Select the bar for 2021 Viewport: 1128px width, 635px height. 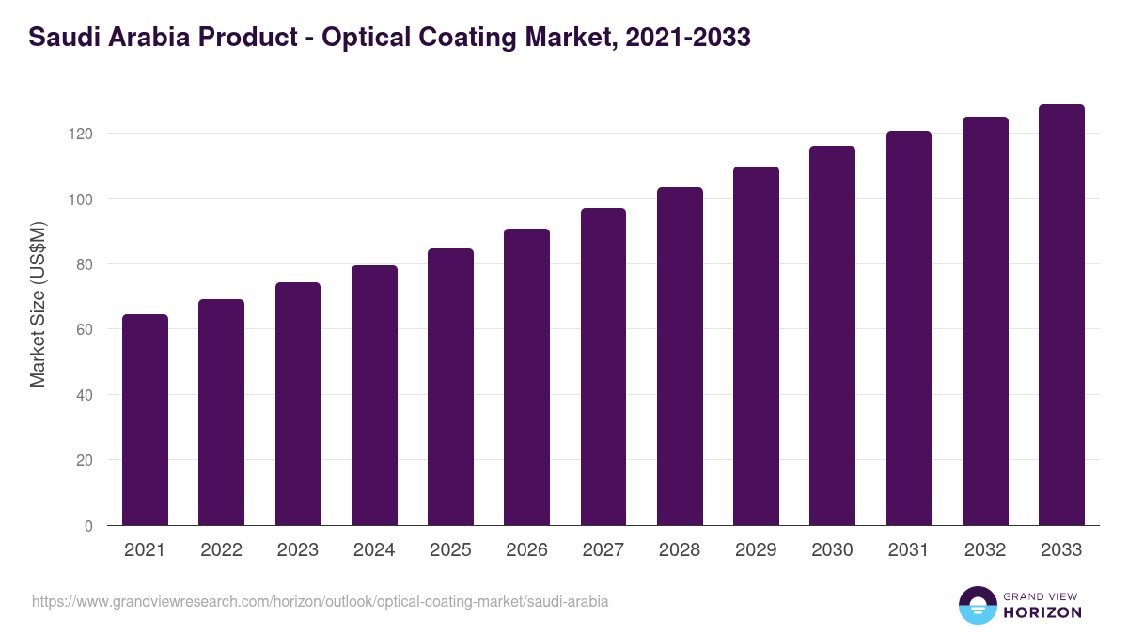145,420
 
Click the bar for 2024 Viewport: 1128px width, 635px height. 374,395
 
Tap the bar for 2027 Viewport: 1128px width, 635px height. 603,367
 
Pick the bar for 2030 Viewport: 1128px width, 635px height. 832,336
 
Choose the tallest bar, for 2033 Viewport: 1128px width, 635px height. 1061,315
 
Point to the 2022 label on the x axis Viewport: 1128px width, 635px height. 221,550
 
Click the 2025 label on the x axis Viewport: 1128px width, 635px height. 450,550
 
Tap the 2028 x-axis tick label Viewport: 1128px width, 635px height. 680,550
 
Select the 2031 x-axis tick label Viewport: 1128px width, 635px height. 908,550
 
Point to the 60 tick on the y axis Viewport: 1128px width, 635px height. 85,329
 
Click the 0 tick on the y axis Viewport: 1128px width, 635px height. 88,526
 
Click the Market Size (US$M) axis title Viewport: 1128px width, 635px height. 38,303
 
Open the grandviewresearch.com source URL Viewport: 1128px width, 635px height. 321,601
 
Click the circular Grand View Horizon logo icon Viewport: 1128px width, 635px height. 977,605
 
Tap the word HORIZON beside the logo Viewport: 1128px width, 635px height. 1042,612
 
